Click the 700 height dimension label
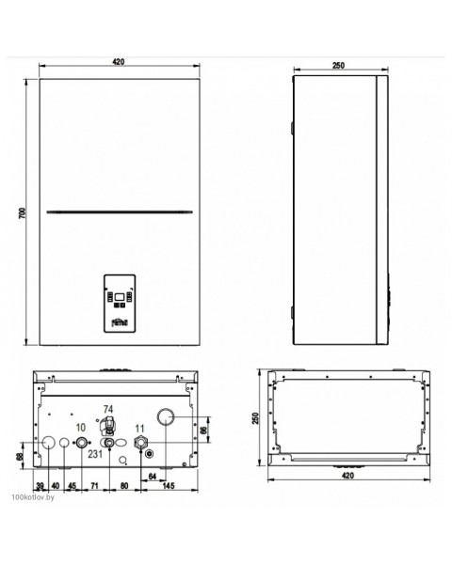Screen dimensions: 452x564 [23, 213]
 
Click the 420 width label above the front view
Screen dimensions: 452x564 [119, 61]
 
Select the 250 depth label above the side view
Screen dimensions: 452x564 [338, 65]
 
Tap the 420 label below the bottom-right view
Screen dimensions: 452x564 [347, 476]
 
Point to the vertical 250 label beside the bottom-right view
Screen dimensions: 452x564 [255, 418]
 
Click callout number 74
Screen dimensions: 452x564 [108, 409]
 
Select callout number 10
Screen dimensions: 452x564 [81, 428]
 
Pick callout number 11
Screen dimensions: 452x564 [139, 429]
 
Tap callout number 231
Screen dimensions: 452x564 [95, 454]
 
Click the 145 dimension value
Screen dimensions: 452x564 [169, 486]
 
